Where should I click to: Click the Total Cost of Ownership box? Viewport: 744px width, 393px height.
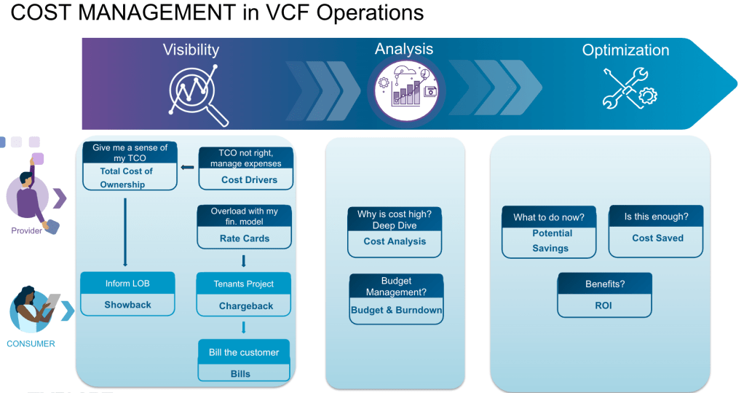pyautogui.click(x=130, y=166)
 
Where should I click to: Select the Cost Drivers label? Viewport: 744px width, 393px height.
pyautogui.click(x=249, y=179)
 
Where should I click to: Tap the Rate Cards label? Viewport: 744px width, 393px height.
pyautogui.click(x=245, y=238)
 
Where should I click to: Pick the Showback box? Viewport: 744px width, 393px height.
pyautogui.click(x=127, y=294)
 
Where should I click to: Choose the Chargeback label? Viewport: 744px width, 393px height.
pyautogui.click(x=246, y=306)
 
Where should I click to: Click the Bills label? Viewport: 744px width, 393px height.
pyautogui.click(x=240, y=374)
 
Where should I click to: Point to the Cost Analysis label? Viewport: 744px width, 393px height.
pyautogui.click(x=395, y=241)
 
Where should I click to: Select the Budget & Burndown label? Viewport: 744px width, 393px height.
pyautogui.click(x=396, y=310)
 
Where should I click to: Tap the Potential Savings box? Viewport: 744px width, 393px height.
pyautogui.click(x=549, y=232)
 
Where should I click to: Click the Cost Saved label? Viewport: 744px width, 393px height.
pyautogui.click(x=657, y=238)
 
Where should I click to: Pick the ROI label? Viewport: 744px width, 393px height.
pyautogui.click(x=603, y=306)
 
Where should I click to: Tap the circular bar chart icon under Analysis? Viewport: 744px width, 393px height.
pyautogui.click(x=406, y=90)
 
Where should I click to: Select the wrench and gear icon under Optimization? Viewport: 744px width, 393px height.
pyautogui.click(x=629, y=88)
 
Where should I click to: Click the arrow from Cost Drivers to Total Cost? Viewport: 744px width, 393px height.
pyautogui.click(x=187, y=167)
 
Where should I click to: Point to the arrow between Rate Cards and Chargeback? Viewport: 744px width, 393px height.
pyautogui.click(x=243, y=261)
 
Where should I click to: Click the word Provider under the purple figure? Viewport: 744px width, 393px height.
pyautogui.click(x=26, y=230)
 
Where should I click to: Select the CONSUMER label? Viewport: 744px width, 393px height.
pyautogui.click(x=31, y=343)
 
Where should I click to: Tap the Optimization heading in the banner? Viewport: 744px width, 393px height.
pyautogui.click(x=625, y=50)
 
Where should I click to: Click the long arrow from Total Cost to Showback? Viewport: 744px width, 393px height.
pyautogui.click(x=125, y=232)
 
